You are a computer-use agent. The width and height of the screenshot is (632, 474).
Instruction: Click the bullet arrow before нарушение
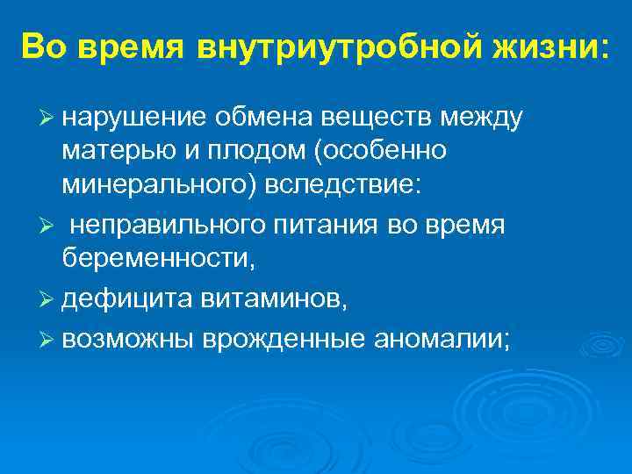(x=48, y=116)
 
